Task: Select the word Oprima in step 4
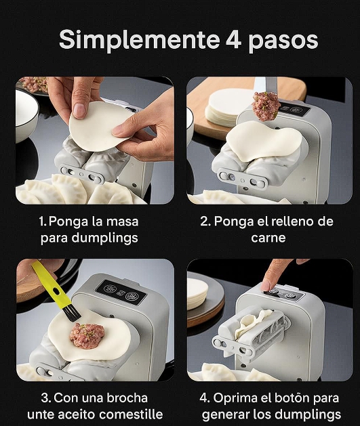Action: coord(244,398)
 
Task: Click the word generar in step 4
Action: coord(228,414)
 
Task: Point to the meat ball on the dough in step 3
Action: coord(87,333)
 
